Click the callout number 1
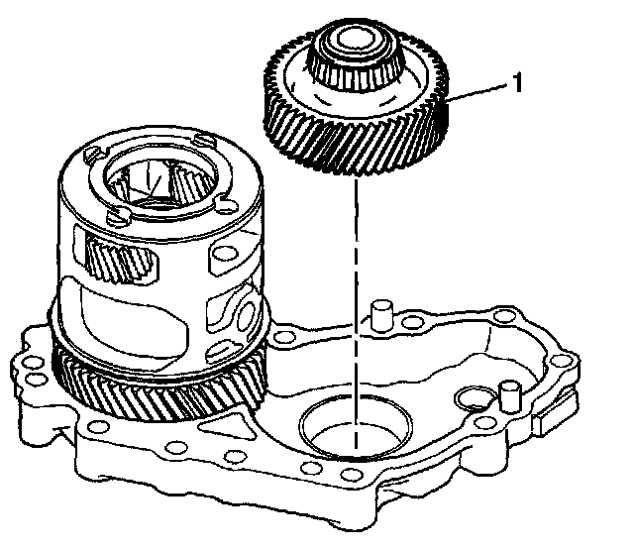(x=517, y=82)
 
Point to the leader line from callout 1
(x=476, y=91)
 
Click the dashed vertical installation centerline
(x=356, y=312)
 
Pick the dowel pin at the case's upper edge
(x=382, y=315)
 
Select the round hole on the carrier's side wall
(x=222, y=254)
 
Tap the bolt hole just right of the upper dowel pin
(x=412, y=322)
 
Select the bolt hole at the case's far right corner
(x=560, y=361)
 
